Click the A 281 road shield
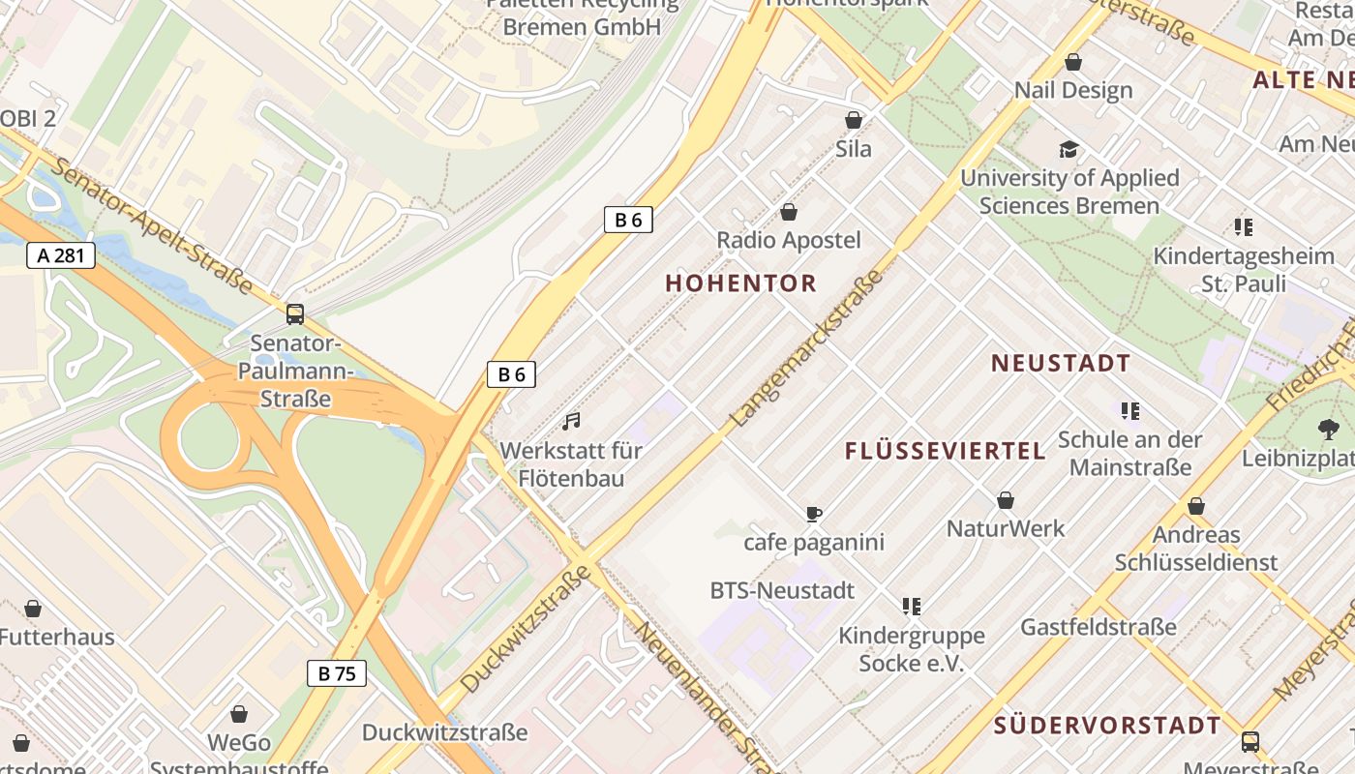click(x=61, y=255)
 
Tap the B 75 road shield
click(x=337, y=673)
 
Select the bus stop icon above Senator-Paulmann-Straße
click(x=294, y=314)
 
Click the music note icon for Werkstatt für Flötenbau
click(x=572, y=421)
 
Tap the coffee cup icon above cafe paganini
click(x=813, y=514)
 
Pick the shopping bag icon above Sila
click(x=854, y=120)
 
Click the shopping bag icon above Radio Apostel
click(x=789, y=212)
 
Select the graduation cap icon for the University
click(x=1069, y=149)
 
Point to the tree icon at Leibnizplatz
click(x=1328, y=429)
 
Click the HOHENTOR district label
click(x=741, y=283)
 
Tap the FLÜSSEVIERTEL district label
click(x=945, y=451)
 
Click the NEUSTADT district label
click(x=1061, y=364)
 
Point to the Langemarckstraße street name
click(x=808, y=348)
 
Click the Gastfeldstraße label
click(x=1099, y=627)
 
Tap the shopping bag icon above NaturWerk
click(x=1006, y=500)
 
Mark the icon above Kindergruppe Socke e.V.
click(x=911, y=607)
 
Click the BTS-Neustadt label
click(x=782, y=590)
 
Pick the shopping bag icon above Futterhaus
click(x=33, y=609)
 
